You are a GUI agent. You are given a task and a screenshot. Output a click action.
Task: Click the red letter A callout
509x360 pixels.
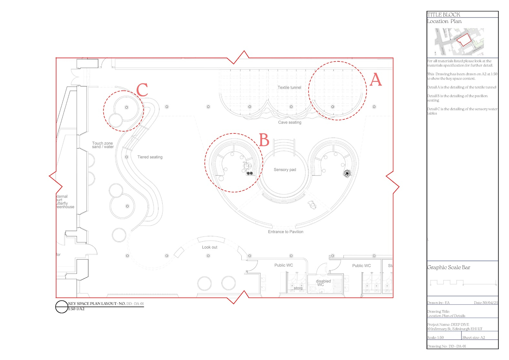pyautogui.click(x=376, y=79)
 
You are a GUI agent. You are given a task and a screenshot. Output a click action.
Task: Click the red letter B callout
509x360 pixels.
pyautogui.click(x=264, y=140)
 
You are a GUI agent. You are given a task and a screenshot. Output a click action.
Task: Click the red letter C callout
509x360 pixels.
pyautogui.click(x=142, y=90)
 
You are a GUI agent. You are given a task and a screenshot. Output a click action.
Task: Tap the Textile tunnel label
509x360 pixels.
pyautogui.click(x=289, y=88)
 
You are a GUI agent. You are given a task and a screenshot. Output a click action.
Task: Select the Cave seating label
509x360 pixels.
pyautogui.click(x=290, y=122)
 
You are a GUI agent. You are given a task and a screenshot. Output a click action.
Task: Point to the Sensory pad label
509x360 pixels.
pyautogui.click(x=285, y=170)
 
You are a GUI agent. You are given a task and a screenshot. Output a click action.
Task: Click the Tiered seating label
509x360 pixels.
pyautogui.click(x=150, y=157)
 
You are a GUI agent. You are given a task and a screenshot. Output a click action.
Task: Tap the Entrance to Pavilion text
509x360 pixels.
pyautogui.click(x=285, y=232)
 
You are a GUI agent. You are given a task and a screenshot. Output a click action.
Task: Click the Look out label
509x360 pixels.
pyautogui.click(x=209, y=247)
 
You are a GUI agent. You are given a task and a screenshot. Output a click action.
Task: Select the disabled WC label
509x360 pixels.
pyautogui.click(x=323, y=283)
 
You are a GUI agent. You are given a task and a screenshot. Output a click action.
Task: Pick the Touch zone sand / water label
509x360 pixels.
pyautogui.click(x=103, y=145)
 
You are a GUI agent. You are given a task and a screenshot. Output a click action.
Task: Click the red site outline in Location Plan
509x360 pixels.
pyautogui.click(x=464, y=40)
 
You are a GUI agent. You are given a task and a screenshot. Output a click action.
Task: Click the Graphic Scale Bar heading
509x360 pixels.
pyautogui.click(x=449, y=268)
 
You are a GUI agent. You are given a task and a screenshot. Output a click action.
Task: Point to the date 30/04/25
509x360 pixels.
pyautogui.click(x=486, y=303)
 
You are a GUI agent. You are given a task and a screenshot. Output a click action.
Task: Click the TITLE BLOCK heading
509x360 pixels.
pyautogui.click(x=443, y=15)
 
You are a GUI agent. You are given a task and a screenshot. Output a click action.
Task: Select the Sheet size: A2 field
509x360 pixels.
pyautogui.click(x=473, y=337)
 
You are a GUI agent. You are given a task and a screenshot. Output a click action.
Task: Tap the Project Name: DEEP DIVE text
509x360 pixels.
pyautogui.click(x=448, y=324)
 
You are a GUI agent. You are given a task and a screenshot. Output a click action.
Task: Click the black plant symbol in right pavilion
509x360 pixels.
pyautogui.click(x=347, y=174)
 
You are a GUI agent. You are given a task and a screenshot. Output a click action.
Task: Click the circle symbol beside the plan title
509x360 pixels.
pyautogui.click(x=61, y=307)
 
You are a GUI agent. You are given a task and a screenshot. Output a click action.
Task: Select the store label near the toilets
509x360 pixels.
pyautogui.click(x=298, y=288)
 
